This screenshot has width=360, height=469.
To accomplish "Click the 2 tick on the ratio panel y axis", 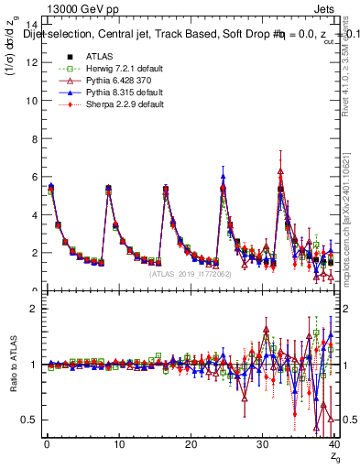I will [x=34, y=309].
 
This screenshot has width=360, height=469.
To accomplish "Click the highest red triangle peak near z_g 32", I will [x=280, y=170].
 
